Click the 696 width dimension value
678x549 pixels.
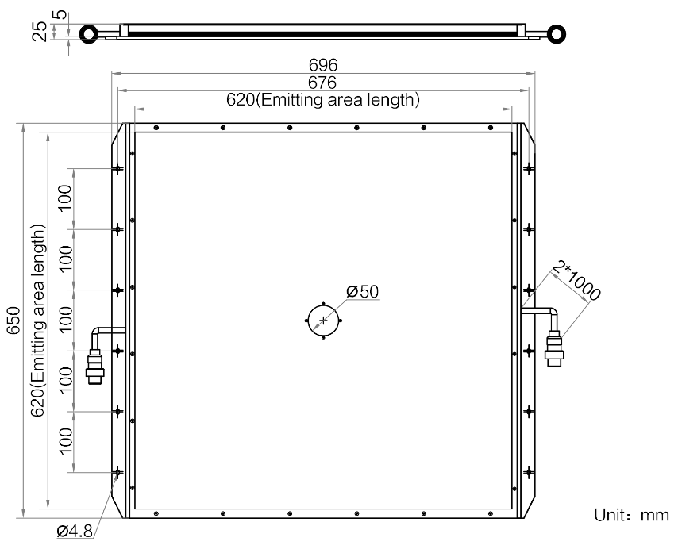pyautogui.click(x=323, y=65)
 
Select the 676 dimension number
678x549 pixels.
pyautogui.click(x=322, y=82)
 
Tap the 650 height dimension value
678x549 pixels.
pyautogui.click(x=13, y=320)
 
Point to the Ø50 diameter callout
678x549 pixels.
pyautogui.click(x=362, y=292)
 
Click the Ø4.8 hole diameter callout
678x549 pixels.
pyautogui.click(x=75, y=531)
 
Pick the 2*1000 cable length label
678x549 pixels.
pyautogui.click(x=577, y=280)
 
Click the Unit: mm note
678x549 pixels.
pyautogui.click(x=631, y=515)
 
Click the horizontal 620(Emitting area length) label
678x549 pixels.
pyautogui.click(x=323, y=99)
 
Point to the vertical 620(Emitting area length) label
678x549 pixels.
pyautogui.click(x=38, y=320)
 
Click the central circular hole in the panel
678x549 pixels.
pyautogui.click(x=323, y=321)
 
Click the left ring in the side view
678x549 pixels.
pyautogui.click(x=89, y=33)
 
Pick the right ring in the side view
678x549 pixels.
pyautogui.click(x=557, y=33)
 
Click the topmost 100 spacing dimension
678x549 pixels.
pyautogui.click(x=65, y=198)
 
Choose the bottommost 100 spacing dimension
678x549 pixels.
pyautogui.click(x=65, y=441)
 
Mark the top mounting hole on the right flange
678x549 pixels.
pyautogui.click(x=529, y=168)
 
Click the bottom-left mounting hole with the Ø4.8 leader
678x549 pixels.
pyautogui.click(x=117, y=473)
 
